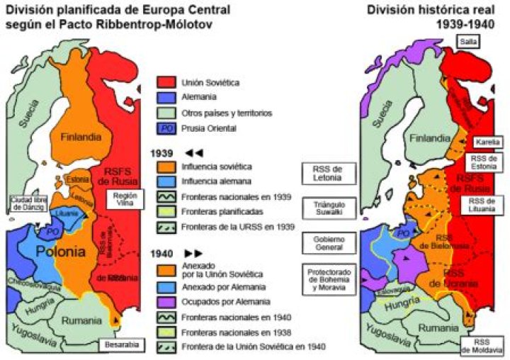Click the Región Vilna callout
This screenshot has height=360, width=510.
pyautogui.click(x=123, y=198)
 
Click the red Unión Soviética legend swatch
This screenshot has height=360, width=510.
pyautogui.click(x=166, y=82)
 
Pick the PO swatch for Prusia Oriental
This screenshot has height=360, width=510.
pyautogui.click(x=166, y=128)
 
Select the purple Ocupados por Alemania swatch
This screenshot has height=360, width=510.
pyautogui.click(x=166, y=303)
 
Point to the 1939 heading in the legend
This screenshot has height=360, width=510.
pyautogui.click(x=161, y=152)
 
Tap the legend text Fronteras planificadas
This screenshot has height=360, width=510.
pyautogui.click(x=215, y=212)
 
